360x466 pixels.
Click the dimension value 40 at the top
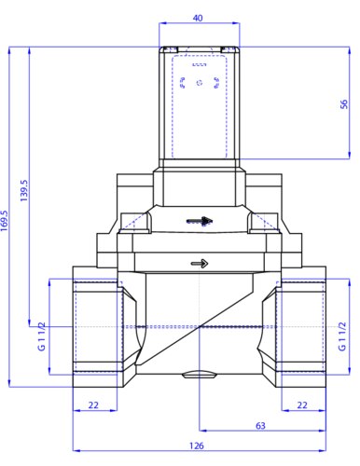198,18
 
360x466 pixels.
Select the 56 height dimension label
344,104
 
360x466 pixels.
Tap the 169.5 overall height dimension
4,221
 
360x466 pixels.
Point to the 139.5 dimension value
24,190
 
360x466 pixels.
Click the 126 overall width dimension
197,445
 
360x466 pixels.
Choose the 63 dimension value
260,426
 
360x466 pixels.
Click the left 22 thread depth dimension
93,405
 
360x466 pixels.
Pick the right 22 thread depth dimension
302,405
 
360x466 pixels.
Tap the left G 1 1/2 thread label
41,336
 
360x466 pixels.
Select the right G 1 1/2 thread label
341,336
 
